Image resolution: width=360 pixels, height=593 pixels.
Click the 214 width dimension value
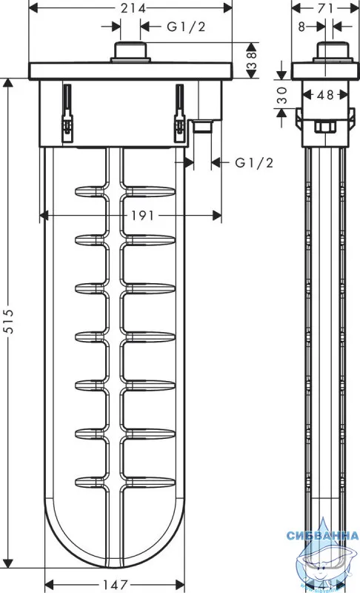coord(133,7)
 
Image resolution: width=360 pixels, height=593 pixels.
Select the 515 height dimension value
coord(8,321)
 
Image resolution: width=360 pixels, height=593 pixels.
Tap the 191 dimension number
coord(142,216)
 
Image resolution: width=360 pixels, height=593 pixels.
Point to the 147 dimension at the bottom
coord(116,585)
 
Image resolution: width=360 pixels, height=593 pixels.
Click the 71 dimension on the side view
coord(325,8)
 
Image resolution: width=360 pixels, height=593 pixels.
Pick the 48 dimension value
coord(325,94)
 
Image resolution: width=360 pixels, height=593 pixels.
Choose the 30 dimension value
coord(282,96)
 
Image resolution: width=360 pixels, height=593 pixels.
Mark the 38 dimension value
coord(252,61)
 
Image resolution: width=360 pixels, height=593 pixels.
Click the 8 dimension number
coord(301,27)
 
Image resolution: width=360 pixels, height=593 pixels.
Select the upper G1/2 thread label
coord(186,27)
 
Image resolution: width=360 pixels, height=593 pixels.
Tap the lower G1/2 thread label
coord(254,162)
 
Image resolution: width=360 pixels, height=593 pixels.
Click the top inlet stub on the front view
coord(130,52)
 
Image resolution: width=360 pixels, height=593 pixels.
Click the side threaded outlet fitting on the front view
coord(203,126)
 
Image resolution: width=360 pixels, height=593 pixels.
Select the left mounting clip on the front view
coord(67,113)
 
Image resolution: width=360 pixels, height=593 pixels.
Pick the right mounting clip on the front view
coord(179,113)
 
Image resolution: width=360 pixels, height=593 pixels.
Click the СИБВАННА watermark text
coord(322,535)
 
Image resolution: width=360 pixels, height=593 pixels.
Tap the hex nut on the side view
coord(325,127)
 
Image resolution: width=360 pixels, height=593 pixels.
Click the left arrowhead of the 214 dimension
coord(34,7)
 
